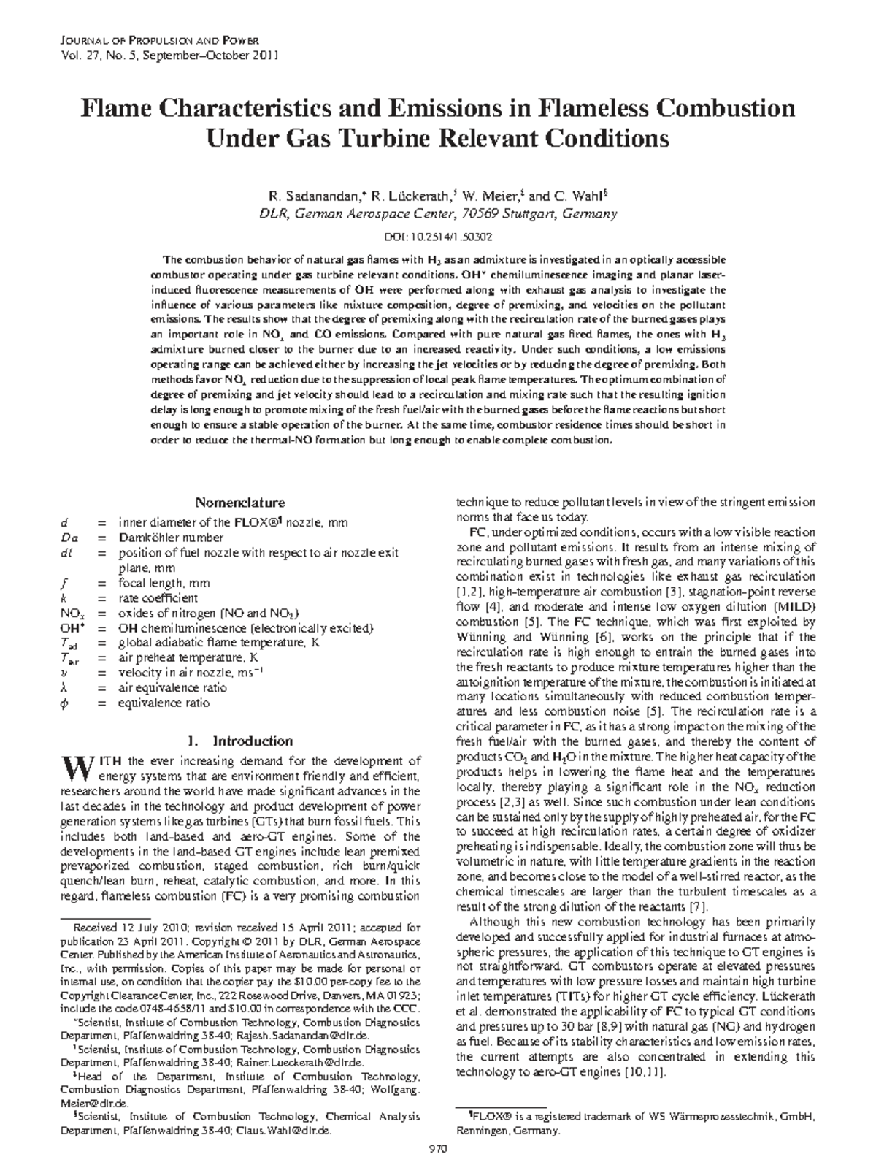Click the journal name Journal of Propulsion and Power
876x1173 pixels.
click(158, 41)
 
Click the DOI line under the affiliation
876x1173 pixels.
click(437, 237)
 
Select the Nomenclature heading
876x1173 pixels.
click(239, 503)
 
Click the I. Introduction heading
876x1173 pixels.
click(240, 741)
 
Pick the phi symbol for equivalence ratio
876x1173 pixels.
click(64, 703)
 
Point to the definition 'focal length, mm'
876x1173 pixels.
click(164, 583)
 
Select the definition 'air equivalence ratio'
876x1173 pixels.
click(172, 687)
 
